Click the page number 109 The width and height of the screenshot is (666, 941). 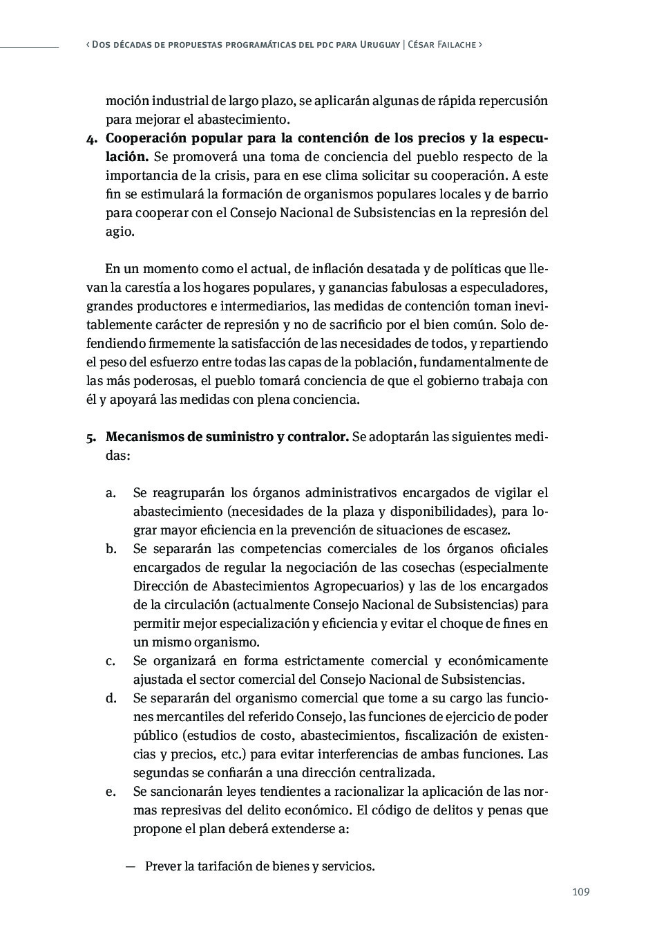tap(580, 892)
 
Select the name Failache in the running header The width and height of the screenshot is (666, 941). tap(454, 44)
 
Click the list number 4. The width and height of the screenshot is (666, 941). tap(91, 138)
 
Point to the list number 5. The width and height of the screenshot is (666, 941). tap(91, 438)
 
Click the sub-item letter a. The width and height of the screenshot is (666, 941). tap(110, 494)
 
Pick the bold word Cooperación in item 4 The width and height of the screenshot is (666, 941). tap(148, 138)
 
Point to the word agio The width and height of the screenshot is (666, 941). tap(119, 232)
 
